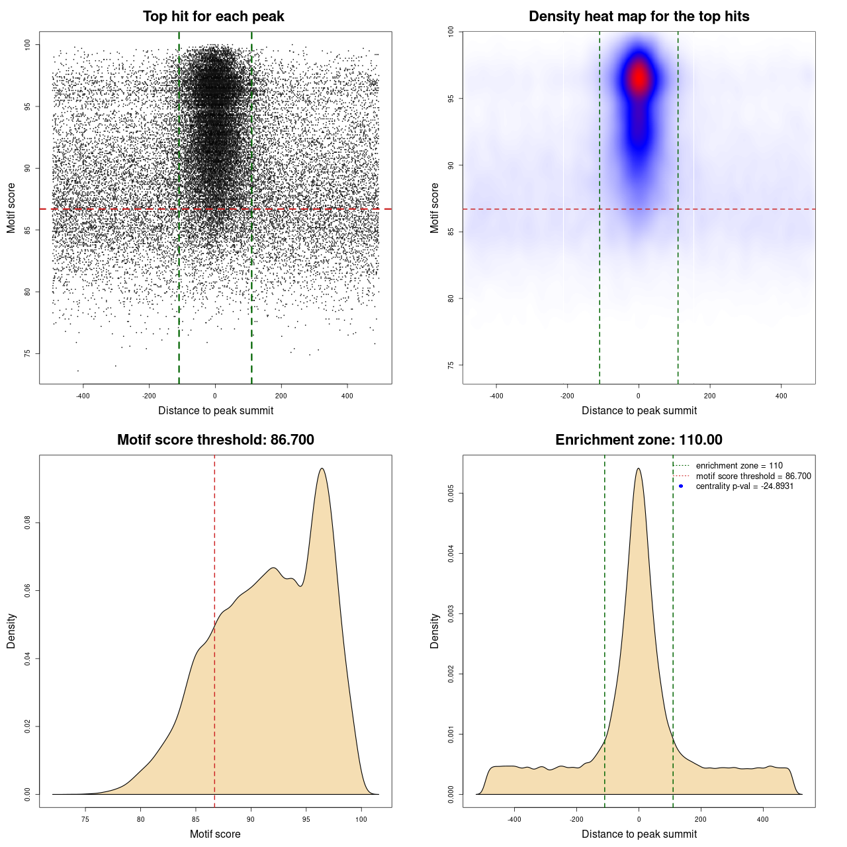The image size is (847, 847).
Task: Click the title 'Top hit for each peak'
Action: [x=213, y=17]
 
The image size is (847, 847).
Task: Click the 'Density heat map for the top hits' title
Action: [x=639, y=17]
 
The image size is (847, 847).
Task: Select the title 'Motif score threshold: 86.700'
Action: [x=215, y=440]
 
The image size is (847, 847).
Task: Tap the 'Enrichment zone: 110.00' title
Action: [x=639, y=440]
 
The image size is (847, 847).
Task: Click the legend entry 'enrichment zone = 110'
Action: [x=738, y=466]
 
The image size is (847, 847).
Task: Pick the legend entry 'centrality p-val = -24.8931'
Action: [x=744, y=486]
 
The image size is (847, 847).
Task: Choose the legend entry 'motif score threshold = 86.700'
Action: [x=753, y=476]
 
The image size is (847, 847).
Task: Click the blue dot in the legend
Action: [x=681, y=486]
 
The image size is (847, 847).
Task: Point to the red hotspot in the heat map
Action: [x=639, y=78]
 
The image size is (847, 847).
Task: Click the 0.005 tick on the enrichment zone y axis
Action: [x=451, y=493]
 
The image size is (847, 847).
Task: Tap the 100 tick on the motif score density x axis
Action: [x=361, y=819]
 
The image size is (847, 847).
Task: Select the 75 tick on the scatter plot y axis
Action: [x=28, y=353]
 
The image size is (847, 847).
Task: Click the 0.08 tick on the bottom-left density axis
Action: [x=28, y=523]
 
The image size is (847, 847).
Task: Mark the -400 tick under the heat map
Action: [x=496, y=396]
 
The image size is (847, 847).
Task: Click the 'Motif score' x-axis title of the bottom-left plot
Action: [x=215, y=834]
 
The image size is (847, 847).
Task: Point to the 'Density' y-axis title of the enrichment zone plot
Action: [x=435, y=631]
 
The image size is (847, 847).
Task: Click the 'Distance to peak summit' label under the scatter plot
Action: [x=216, y=410]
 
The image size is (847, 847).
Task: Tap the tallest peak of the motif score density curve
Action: [x=322, y=469]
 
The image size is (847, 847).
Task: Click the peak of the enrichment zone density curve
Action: [x=639, y=469]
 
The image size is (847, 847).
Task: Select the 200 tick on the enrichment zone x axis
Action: [x=701, y=819]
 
